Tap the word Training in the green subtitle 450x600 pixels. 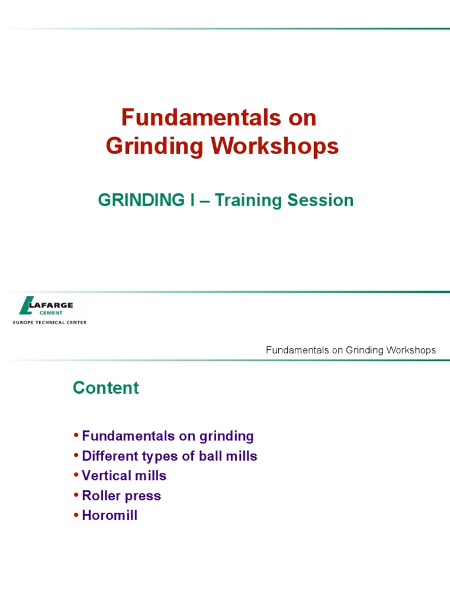point(248,200)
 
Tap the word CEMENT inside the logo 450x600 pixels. point(51,312)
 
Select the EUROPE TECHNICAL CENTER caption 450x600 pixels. point(50,322)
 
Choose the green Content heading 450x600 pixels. point(105,388)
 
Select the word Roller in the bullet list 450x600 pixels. point(100,496)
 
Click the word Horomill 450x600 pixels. point(110,516)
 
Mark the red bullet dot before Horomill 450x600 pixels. point(76,515)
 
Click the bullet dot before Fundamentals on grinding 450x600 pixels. point(76,435)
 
